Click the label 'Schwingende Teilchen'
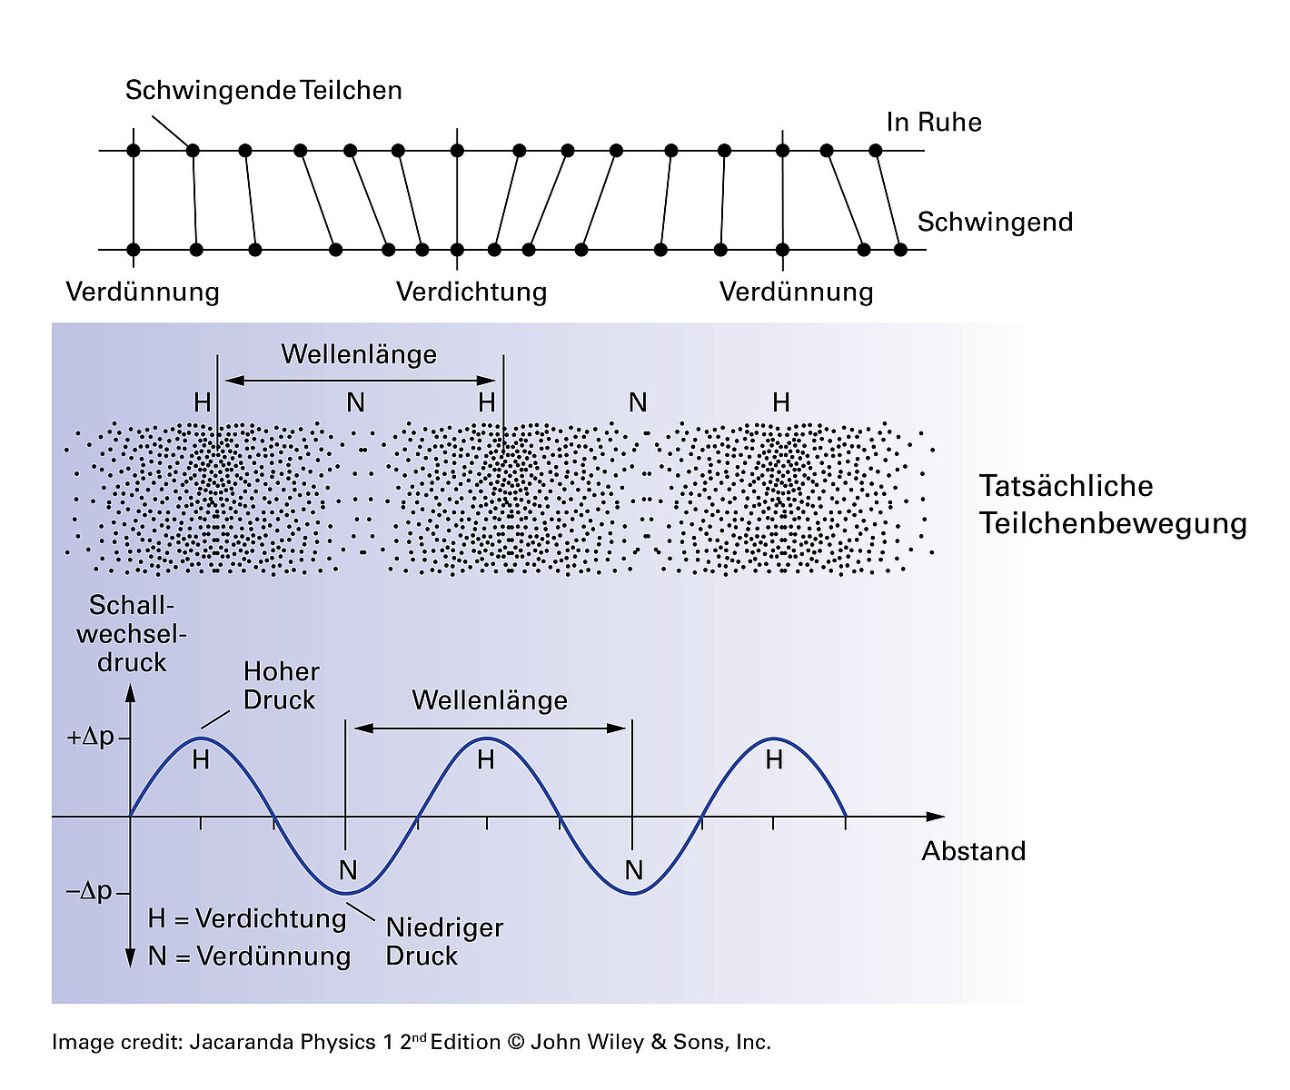[263, 91]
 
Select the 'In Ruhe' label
[934, 123]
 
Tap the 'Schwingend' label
[995, 223]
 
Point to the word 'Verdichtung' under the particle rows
[471, 292]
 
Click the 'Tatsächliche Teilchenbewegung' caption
[1112, 505]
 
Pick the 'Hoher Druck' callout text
[281, 686]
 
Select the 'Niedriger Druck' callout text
[444, 942]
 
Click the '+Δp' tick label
[91, 737]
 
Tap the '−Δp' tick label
[89, 891]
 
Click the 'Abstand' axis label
[973, 852]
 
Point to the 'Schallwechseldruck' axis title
[132, 634]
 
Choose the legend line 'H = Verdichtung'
[247, 919]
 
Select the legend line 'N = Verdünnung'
[249, 956]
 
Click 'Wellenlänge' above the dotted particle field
[359, 354]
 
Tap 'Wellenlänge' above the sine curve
[490, 700]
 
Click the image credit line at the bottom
[411, 1043]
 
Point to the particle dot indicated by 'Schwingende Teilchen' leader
[193, 150]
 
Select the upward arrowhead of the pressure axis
[130, 693]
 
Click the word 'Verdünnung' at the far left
[143, 292]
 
